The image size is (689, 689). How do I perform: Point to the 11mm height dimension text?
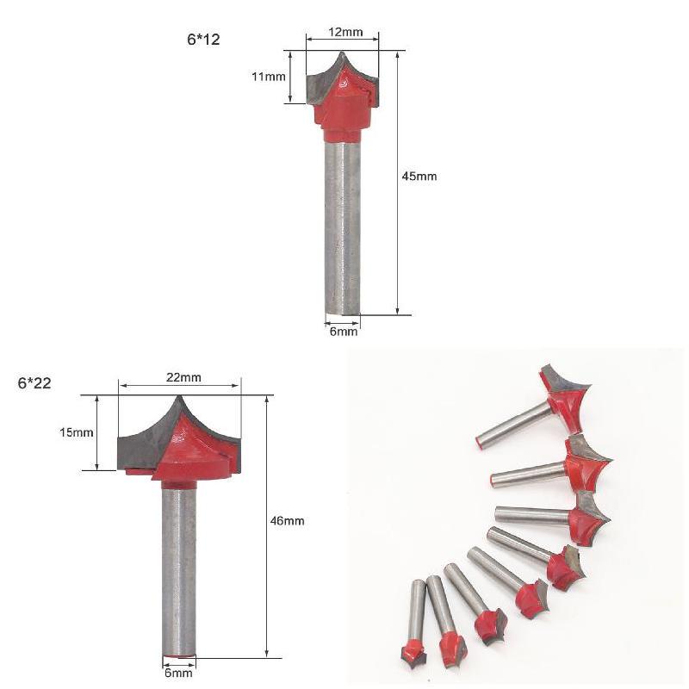coord(268,77)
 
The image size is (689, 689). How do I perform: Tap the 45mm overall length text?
coord(419,176)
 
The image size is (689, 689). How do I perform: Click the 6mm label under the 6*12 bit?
coord(342,332)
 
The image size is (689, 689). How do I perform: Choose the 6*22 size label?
coord(34,383)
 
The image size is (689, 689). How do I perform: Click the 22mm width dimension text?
coord(183,377)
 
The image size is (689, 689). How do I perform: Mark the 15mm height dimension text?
coord(76,432)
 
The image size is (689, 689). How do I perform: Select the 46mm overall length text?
coord(287,521)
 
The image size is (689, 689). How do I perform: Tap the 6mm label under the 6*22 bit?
coord(178,673)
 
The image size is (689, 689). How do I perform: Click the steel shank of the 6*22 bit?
coord(179,568)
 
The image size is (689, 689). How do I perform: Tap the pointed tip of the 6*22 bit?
coord(179,398)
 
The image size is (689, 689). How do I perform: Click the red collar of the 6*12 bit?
coord(342,133)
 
